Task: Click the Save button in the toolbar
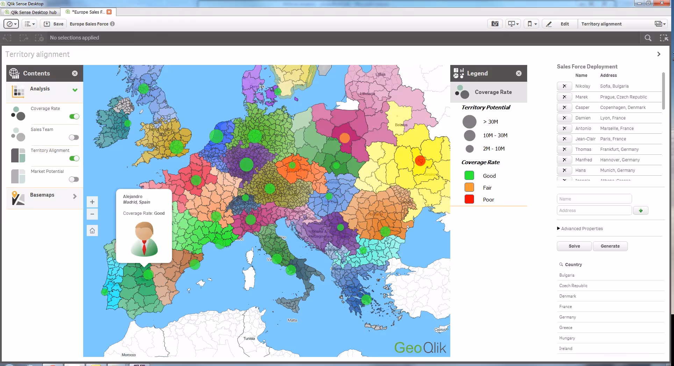coord(53,24)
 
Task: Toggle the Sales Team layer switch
coord(74,137)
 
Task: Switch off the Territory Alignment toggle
coord(74,158)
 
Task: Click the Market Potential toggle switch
coord(74,179)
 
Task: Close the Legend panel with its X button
coord(518,73)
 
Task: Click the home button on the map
coord(92,230)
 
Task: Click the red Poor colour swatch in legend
coord(469,199)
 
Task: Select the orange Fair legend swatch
coord(469,188)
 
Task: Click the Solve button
coord(574,246)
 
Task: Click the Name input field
coord(594,199)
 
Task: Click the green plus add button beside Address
coord(640,211)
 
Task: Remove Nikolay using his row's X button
coord(564,86)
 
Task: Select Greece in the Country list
coord(566,328)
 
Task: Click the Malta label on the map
coord(292,320)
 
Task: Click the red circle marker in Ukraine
coord(420,161)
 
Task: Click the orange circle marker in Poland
coord(345,138)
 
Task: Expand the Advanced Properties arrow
coord(558,228)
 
